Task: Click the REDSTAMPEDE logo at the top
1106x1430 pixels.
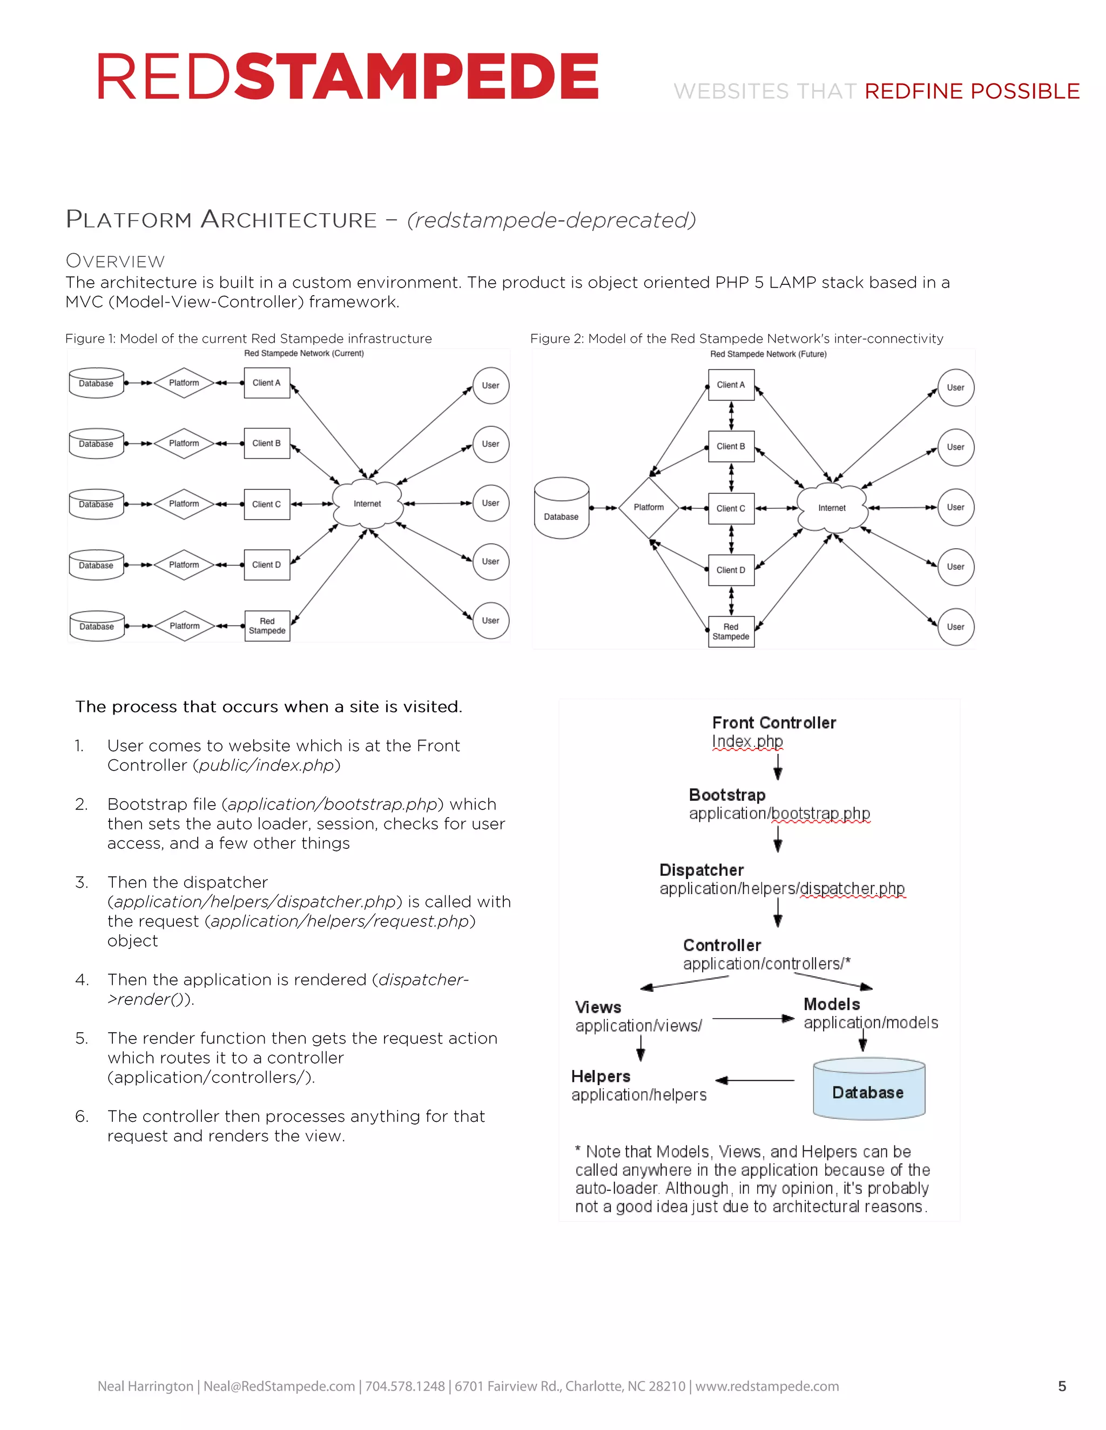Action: pyautogui.click(x=348, y=77)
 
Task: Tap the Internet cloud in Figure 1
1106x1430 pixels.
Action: pyautogui.click(x=367, y=503)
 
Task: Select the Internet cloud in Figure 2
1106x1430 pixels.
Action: pyautogui.click(x=832, y=507)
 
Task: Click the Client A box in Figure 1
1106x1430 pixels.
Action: pyautogui.click(x=267, y=383)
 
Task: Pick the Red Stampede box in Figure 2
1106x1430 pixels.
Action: pyautogui.click(x=731, y=631)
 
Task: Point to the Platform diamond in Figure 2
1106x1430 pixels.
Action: pyautogui.click(x=649, y=507)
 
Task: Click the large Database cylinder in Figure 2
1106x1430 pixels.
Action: pyautogui.click(x=562, y=508)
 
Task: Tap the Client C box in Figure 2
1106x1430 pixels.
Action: pyautogui.click(x=731, y=508)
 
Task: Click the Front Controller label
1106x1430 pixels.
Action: pyautogui.click(x=774, y=723)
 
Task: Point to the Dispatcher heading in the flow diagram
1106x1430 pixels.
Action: pyautogui.click(x=701, y=870)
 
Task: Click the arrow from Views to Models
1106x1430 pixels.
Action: pyautogui.click(x=753, y=1019)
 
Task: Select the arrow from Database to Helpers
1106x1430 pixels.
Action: pyautogui.click(x=755, y=1080)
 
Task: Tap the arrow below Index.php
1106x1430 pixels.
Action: pyautogui.click(x=778, y=766)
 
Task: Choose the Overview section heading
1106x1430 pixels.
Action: pyautogui.click(x=116, y=261)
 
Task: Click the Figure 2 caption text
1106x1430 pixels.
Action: pyautogui.click(x=737, y=338)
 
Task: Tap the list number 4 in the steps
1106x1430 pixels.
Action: pyautogui.click(x=81, y=979)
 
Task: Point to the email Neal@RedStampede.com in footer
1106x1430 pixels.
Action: pyautogui.click(x=279, y=1386)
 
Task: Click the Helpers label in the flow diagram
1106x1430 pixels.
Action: pyautogui.click(x=600, y=1077)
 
